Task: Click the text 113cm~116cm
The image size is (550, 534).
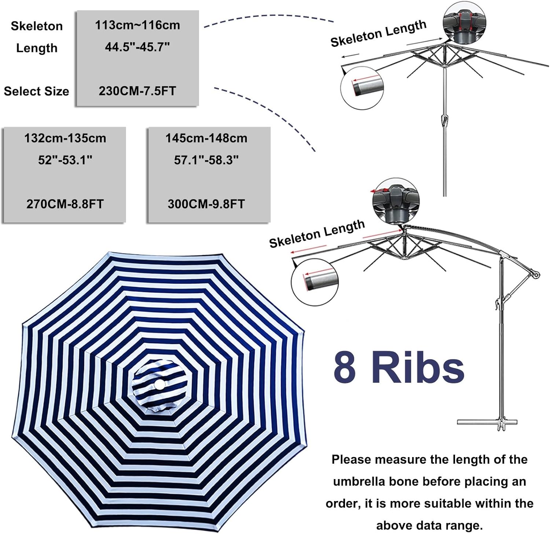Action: click(137, 25)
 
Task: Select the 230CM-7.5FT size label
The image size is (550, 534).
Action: click(137, 91)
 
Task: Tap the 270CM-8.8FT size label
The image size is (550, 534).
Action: click(65, 204)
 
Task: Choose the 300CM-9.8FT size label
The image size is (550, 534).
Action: click(206, 204)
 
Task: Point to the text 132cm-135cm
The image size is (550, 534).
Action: click(65, 138)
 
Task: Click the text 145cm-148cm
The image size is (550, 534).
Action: click(206, 138)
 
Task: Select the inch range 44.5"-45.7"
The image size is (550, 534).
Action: click(137, 47)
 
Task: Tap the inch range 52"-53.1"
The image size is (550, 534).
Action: click(65, 160)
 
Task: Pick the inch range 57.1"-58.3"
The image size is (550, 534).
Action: click(206, 160)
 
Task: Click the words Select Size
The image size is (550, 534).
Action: click(36, 91)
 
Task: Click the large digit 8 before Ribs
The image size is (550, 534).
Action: click(345, 367)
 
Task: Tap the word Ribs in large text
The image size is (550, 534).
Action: click(418, 367)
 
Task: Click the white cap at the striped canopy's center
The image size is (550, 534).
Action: click(160, 385)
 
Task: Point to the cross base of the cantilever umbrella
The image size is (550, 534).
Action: click(488, 422)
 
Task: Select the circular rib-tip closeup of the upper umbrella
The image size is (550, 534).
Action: click(362, 88)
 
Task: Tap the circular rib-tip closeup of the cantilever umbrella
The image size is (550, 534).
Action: click(314, 282)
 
